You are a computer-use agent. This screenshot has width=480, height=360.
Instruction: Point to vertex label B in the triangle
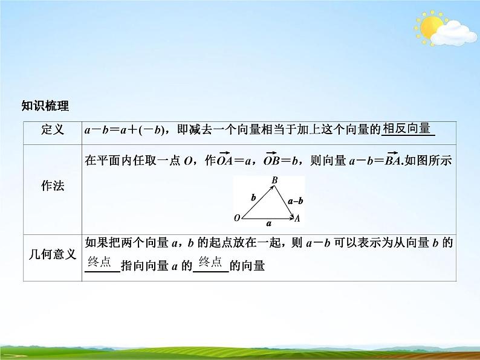point(274,179)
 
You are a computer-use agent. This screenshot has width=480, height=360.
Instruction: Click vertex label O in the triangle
point(237,217)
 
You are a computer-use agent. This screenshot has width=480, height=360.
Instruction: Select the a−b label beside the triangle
point(296,201)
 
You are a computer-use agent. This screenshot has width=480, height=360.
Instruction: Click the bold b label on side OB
point(254,198)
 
